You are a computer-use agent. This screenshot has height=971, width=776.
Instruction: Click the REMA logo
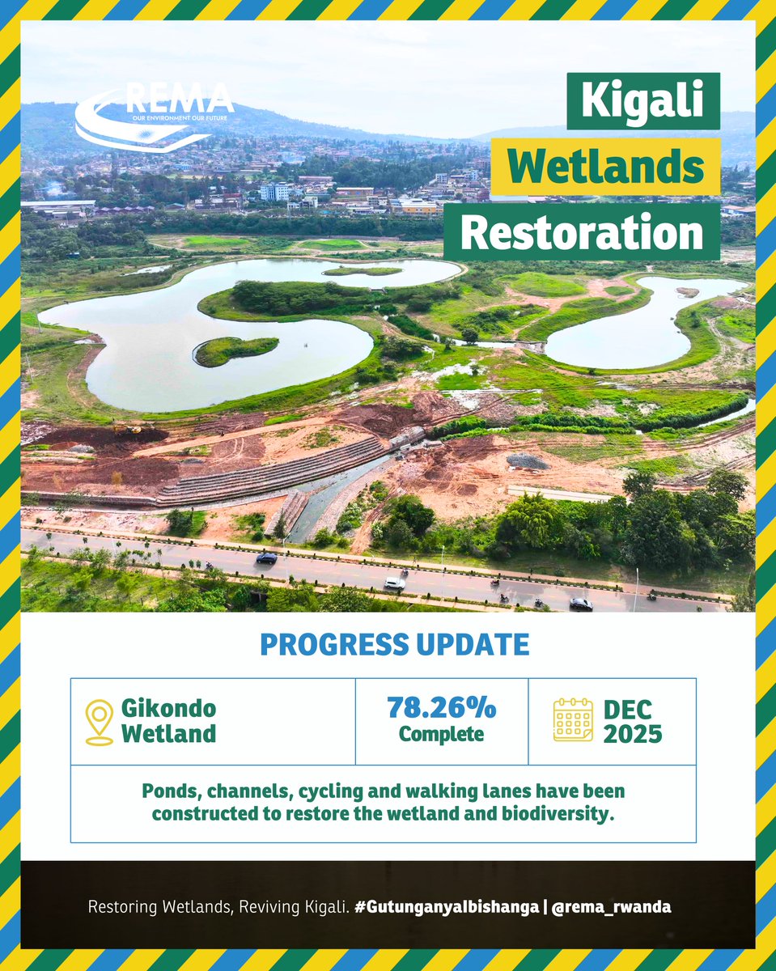154,117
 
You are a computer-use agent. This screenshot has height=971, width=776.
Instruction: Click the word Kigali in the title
643,101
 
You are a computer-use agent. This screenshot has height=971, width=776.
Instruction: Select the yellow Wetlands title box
605,167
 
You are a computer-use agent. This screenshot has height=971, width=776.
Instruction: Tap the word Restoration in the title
582,232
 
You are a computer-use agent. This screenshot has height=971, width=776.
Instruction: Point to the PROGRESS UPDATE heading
395,645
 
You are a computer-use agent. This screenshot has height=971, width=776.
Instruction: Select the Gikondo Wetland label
168,721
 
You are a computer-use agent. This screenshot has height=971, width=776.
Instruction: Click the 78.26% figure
441,707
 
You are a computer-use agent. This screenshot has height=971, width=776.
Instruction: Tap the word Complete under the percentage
441,735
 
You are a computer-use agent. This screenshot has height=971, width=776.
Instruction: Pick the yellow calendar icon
573,720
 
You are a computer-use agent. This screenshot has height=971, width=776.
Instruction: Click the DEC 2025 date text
632,721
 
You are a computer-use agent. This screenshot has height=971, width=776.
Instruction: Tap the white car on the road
395,583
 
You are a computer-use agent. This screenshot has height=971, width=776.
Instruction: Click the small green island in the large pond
235,350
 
